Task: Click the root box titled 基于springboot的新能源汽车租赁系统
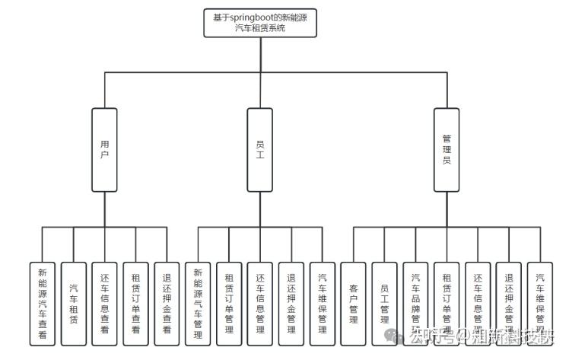coord(259,23)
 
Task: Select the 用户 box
coord(104,149)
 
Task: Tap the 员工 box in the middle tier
coord(259,149)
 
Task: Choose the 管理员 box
coord(447,149)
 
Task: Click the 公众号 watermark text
coord(427,336)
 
